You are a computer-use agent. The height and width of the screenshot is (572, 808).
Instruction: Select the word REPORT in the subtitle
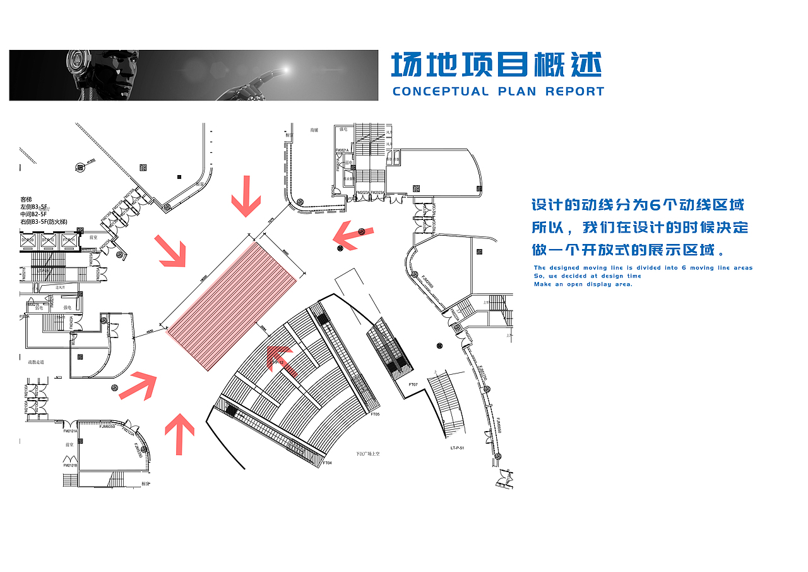[x=574, y=92]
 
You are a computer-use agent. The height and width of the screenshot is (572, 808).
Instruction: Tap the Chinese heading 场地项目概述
[x=496, y=66]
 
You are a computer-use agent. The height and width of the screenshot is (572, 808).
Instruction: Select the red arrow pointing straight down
[x=246, y=197]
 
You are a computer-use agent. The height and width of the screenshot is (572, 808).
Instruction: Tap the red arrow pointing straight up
[x=180, y=434]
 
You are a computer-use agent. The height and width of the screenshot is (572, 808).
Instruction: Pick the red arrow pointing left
[x=353, y=236]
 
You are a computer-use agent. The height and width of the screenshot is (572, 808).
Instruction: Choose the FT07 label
[x=413, y=384]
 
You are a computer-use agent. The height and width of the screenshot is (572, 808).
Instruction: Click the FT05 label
[x=375, y=414]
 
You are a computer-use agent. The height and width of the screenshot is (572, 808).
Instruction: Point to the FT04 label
[x=328, y=463]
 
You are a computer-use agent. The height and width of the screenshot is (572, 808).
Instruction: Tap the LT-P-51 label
[x=458, y=447]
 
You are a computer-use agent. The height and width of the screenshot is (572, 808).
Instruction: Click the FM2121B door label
[x=69, y=466]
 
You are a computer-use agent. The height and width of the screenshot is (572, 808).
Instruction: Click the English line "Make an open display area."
[x=583, y=284]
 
